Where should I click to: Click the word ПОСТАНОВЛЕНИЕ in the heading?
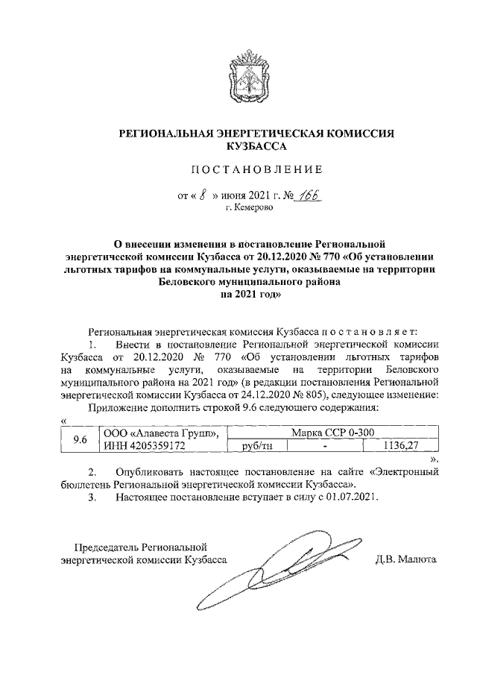pos(256,168)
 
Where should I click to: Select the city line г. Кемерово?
pos(249,210)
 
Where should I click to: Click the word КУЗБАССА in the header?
pos(256,147)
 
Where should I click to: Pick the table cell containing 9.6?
pos(79,439)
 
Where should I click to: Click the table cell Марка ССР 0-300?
pos(327,433)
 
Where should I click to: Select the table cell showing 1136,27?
pos(400,446)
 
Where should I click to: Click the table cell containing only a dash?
pos(325,446)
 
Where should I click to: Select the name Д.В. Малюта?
pos(407,559)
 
